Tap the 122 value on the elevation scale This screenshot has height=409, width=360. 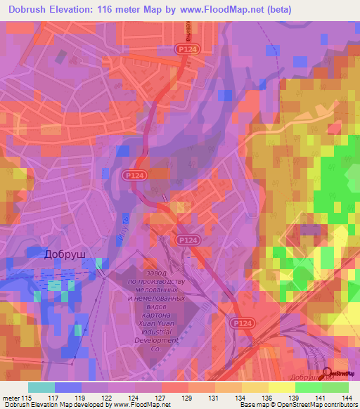[108, 397]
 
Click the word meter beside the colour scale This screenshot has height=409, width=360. [11, 397]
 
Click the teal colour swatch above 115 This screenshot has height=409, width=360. [41, 387]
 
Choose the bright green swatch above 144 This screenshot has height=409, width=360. [335, 387]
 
